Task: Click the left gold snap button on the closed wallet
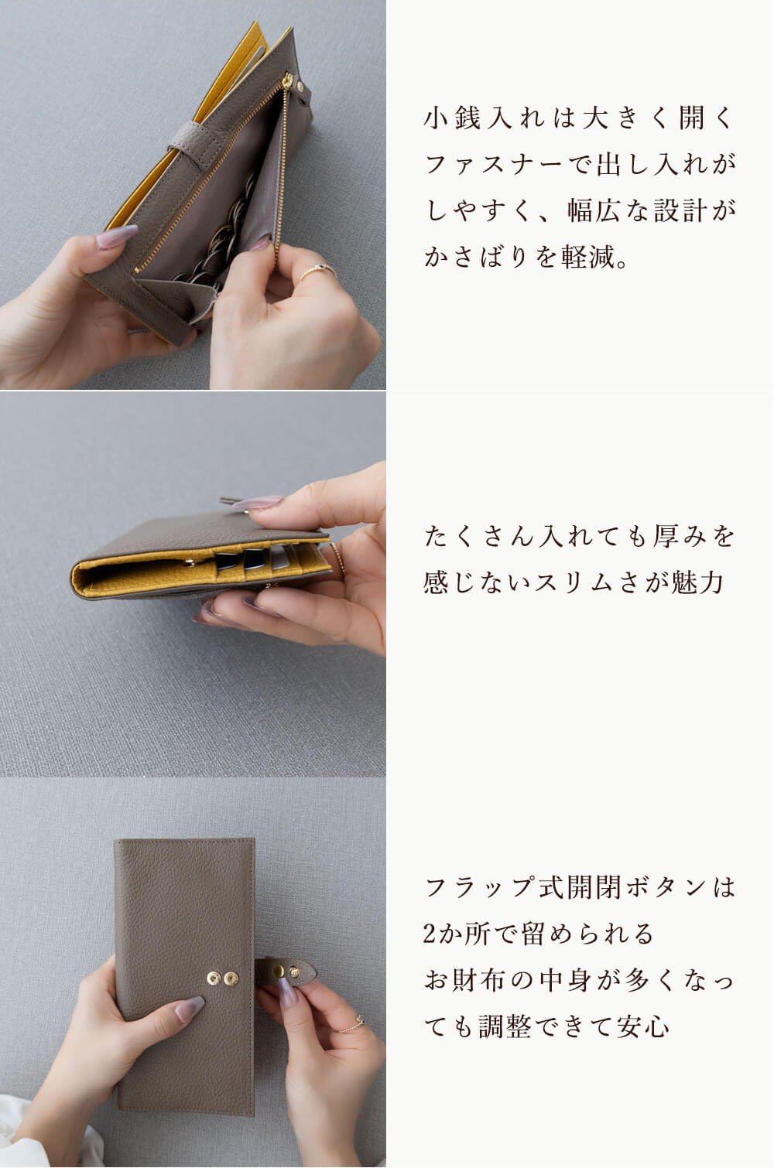(214, 978)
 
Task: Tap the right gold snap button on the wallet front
(231, 978)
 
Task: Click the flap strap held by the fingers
(286, 972)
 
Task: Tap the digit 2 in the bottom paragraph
(430, 934)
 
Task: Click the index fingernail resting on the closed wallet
(189, 1009)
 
